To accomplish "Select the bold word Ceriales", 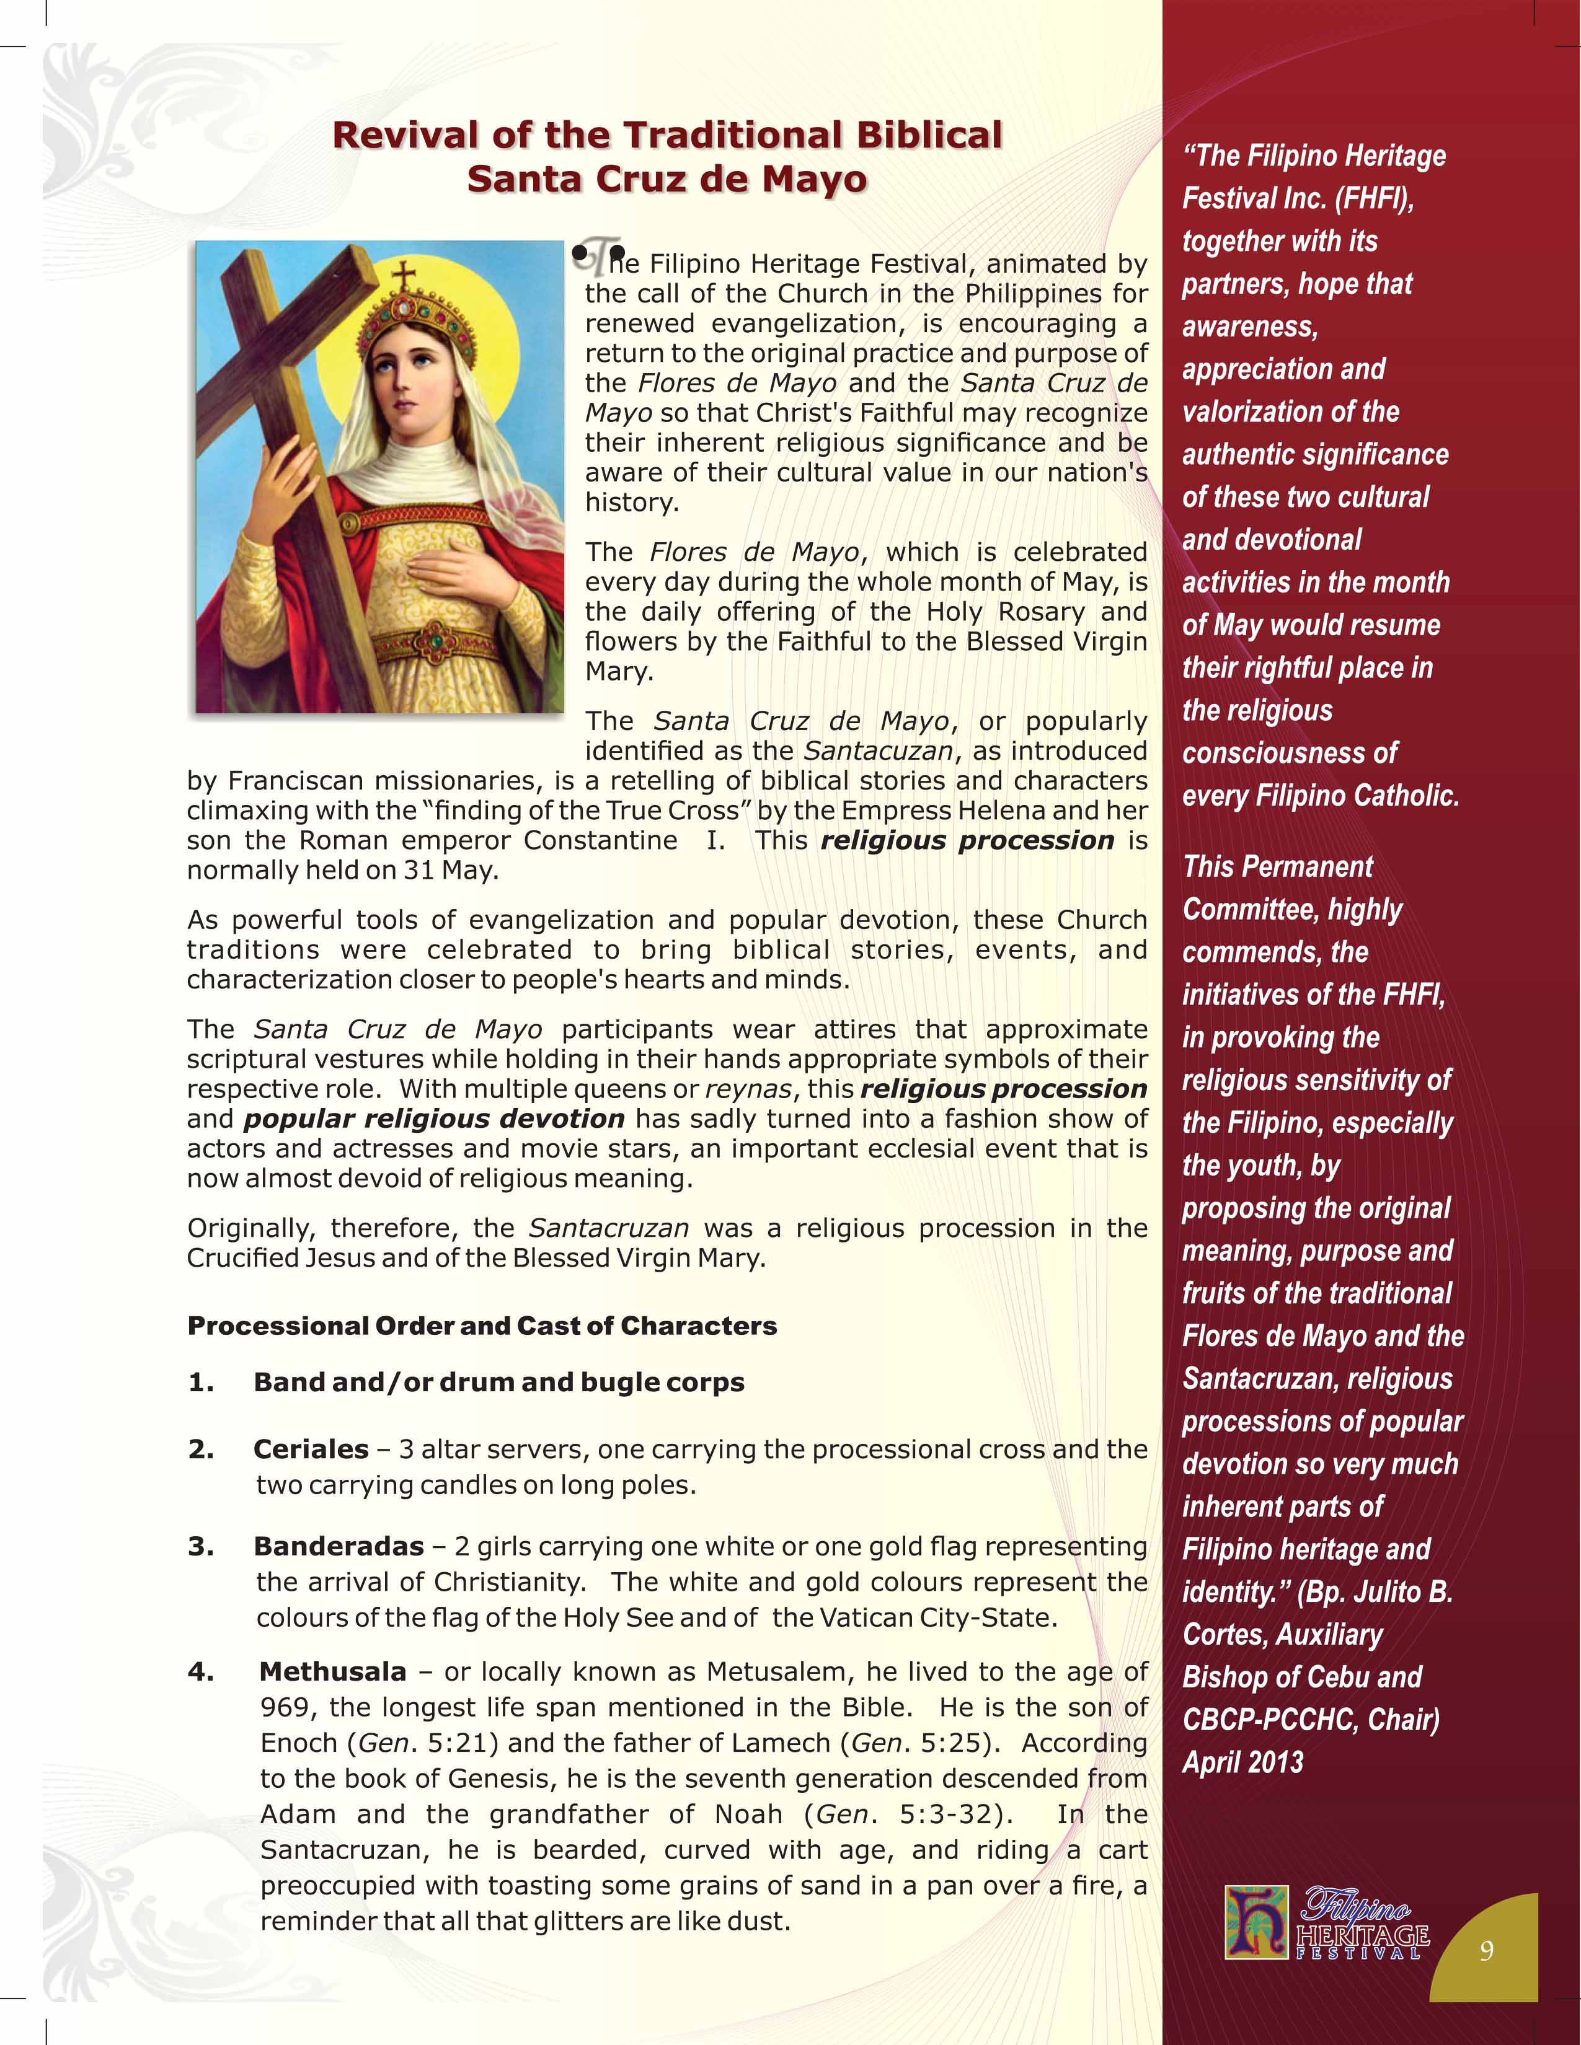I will [311, 1449].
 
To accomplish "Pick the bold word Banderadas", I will [338, 1547].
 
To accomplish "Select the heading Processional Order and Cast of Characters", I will [481, 1326].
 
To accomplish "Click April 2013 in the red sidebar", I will [1242, 1762].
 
